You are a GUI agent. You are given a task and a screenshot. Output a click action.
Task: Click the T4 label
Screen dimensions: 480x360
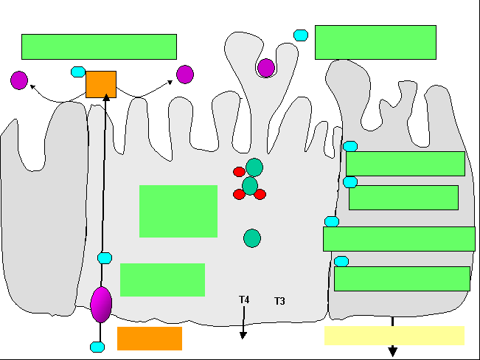(244, 300)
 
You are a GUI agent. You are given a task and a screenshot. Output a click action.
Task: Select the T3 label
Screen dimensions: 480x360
(279, 301)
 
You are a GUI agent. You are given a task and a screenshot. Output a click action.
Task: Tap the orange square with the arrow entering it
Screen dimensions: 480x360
(101, 85)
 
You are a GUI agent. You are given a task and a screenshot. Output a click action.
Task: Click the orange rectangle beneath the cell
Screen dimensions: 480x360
(150, 339)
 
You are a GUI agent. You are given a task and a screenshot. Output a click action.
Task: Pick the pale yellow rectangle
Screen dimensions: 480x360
(394, 336)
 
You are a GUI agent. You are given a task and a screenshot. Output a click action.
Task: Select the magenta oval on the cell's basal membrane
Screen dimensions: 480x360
(101, 305)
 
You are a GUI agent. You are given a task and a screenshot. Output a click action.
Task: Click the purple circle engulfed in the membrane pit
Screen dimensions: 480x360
(266, 68)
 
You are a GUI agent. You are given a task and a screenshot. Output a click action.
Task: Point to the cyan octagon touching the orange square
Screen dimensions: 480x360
(78, 72)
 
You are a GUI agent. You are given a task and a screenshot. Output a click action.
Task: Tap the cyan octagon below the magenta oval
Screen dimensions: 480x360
(97, 347)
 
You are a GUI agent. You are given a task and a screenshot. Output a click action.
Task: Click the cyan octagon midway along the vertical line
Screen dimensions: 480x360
(105, 258)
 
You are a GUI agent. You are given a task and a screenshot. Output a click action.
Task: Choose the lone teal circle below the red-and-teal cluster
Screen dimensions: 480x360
(252, 238)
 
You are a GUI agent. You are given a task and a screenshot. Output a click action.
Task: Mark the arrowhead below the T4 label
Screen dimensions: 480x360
(243, 335)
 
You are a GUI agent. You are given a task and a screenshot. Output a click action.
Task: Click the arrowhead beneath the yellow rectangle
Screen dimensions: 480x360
(393, 351)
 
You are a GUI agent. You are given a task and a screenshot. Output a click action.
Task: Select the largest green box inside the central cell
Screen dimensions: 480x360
(178, 211)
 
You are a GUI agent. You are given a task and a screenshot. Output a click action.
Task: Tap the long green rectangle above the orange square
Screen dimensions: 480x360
(100, 46)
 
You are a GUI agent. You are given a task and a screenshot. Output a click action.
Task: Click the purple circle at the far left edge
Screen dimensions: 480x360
(19, 80)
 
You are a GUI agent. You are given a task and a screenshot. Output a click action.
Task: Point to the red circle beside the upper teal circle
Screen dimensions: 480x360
(239, 172)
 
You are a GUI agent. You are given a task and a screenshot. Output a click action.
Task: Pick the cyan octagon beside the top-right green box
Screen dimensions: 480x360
(301, 35)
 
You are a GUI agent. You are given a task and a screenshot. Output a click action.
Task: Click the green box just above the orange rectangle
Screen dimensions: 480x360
(162, 280)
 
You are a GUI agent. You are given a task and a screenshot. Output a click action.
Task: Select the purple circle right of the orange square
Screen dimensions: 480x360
(185, 75)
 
